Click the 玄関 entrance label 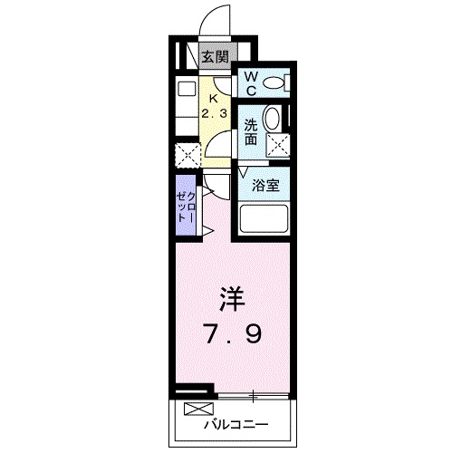(214, 57)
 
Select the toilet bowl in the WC (274, 83)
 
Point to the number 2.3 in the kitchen (215, 113)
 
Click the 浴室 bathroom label (264, 183)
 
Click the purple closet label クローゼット (184, 207)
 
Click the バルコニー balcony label (235, 424)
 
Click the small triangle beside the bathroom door (244, 171)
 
